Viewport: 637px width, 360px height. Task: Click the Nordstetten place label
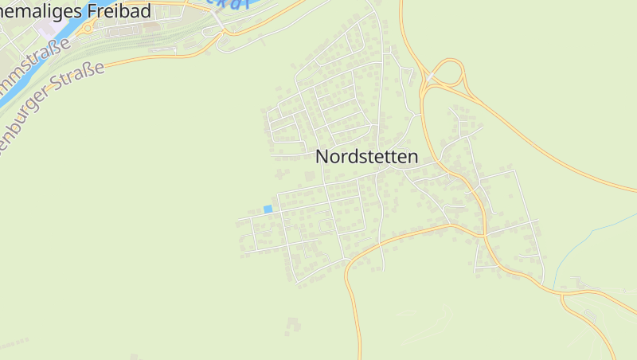(x=366, y=157)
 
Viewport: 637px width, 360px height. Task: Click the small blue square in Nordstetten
(x=268, y=209)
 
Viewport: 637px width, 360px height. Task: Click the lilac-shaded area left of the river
(x=46, y=29)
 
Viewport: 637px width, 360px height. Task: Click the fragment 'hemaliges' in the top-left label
(x=32, y=10)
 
